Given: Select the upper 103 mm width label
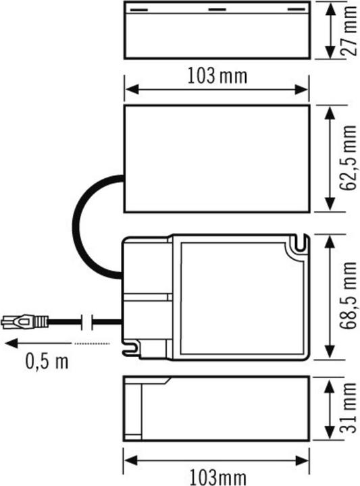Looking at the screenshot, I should [217, 76].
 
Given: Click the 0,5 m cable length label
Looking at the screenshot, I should [47, 362].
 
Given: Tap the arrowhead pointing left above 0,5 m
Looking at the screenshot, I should [9, 344].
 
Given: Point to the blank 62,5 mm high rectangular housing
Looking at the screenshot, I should [217, 159].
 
